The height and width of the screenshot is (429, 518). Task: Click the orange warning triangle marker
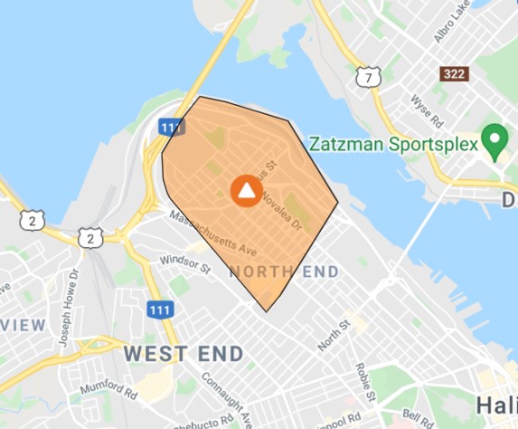(246, 190)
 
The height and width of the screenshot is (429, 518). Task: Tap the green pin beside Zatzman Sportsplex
(494, 140)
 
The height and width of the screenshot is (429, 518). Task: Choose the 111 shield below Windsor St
(158, 308)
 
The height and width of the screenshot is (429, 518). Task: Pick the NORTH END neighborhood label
(284, 272)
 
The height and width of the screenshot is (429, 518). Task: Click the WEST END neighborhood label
(184, 352)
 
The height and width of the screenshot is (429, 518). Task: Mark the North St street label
(334, 337)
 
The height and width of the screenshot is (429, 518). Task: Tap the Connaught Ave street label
(221, 396)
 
